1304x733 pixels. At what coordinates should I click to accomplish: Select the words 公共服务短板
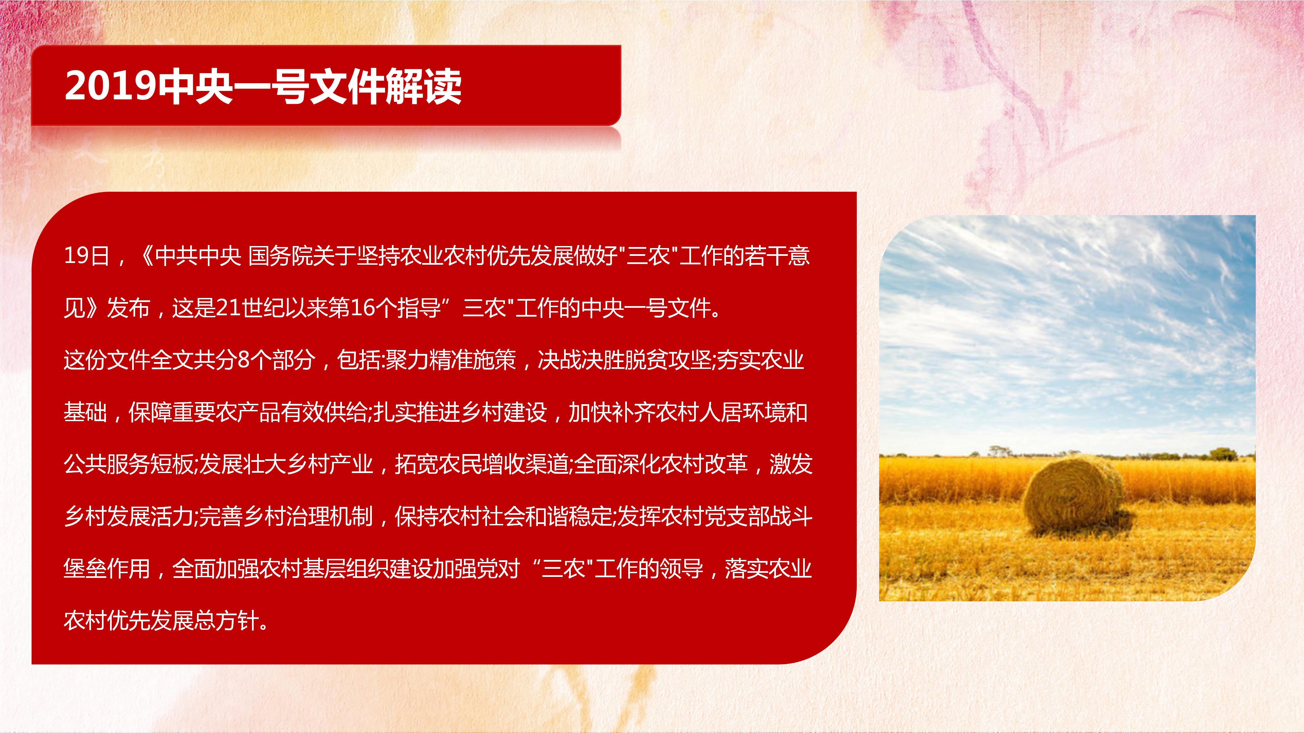click(129, 464)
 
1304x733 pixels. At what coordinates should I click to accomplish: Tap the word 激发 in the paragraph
click(791, 464)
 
